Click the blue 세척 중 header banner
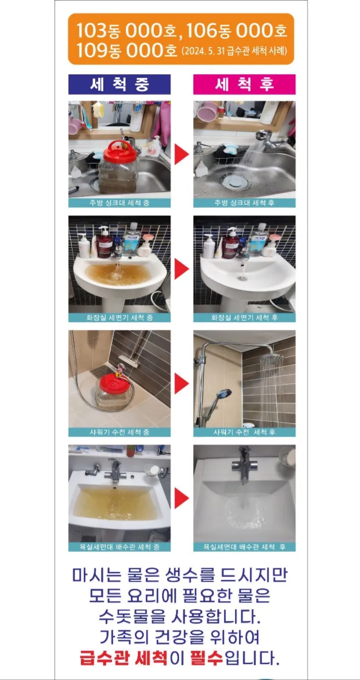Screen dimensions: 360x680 tap(120, 84)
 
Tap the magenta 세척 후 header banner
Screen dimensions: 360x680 tap(244, 84)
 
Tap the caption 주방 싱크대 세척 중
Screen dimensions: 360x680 tap(120, 203)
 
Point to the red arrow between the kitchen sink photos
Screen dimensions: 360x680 tap(181, 154)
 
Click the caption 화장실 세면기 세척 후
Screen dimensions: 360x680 tap(244, 318)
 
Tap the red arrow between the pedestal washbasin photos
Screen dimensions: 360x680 tap(181, 269)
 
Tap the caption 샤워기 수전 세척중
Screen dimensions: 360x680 tap(120, 432)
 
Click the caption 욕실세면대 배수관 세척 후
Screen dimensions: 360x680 tap(244, 547)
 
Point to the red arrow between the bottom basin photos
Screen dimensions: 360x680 tap(181, 498)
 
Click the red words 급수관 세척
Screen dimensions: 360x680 tap(123, 658)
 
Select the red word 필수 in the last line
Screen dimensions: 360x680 tap(207, 658)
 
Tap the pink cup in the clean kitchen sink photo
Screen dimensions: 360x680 tap(207, 112)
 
